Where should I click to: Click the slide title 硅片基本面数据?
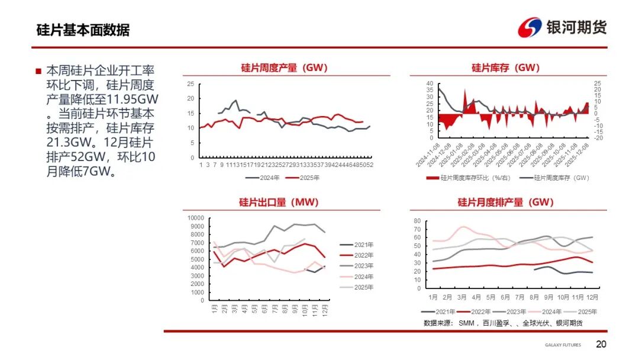point(83,30)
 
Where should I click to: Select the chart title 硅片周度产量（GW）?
point(285,67)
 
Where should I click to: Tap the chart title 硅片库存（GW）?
point(506,67)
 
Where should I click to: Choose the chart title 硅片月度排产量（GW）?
point(506,202)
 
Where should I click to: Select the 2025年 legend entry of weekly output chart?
point(303,177)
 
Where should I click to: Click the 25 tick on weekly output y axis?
point(190,83)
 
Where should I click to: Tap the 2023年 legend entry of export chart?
point(357,266)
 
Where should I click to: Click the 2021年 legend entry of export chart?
point(357,245)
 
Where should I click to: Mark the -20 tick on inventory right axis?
point(598,137)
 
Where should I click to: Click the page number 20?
point(601,345)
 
